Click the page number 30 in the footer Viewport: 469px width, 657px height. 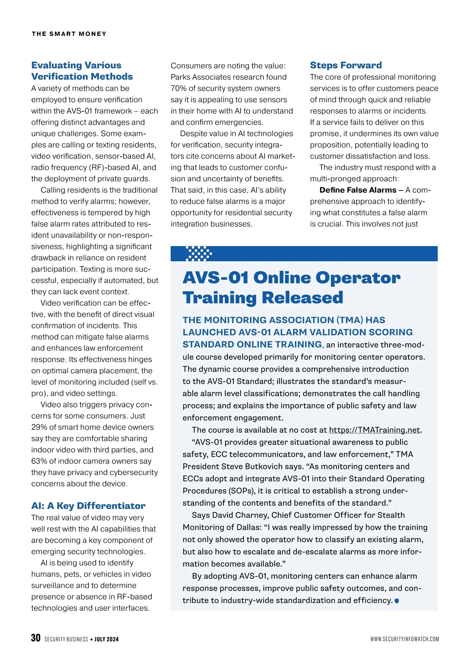click(36, 638)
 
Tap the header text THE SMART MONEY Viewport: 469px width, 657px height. click(69, 34)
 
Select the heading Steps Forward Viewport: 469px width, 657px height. click(345, 65)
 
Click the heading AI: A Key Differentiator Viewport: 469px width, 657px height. click(88, 506)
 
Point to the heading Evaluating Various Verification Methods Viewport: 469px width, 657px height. click(82, 71)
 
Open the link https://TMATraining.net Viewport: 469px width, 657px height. click(374, 430)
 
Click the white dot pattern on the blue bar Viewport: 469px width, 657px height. click(199, 253)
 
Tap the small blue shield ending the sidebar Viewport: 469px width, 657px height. click(397, 601)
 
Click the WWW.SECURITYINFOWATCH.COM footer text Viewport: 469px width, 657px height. click(405, 639)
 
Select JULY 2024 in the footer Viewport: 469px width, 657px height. click(106, 639)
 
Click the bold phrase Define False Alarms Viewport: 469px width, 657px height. click(358, 190)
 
